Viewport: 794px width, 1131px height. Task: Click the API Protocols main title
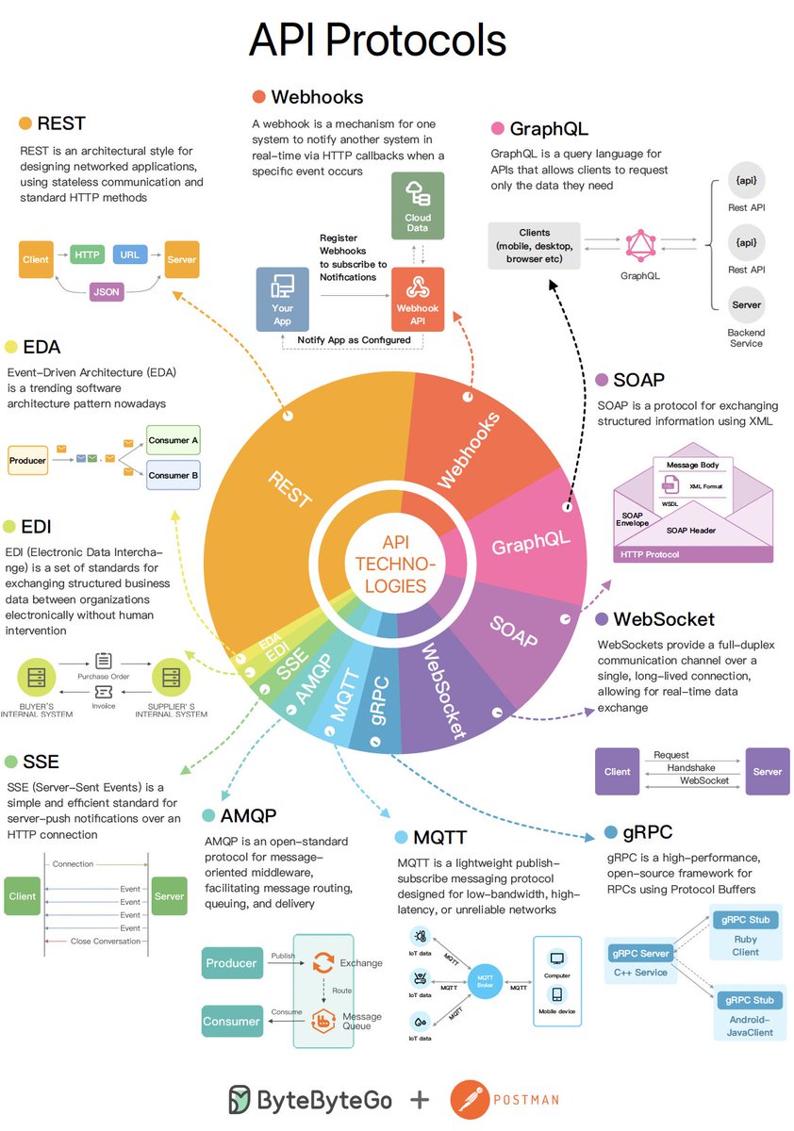tap(377, 41)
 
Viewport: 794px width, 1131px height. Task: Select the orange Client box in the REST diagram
tap(36, 259)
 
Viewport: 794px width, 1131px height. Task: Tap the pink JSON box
tap(107, 292)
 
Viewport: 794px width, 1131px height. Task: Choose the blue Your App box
tap(282, 300)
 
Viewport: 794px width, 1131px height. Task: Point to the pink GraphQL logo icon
tap(640, 245)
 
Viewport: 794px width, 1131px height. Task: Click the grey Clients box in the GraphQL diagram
tap(535, 245)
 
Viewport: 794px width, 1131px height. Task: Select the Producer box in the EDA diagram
tap(28, 460)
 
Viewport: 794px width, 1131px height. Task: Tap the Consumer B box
tap(174, 475)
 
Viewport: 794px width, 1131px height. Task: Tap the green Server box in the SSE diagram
tap(170, 895)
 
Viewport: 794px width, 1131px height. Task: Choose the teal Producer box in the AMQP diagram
tap(231, 963)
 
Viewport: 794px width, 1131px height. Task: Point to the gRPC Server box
tap(641, 954)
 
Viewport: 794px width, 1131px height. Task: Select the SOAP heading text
tap(638, 380)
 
